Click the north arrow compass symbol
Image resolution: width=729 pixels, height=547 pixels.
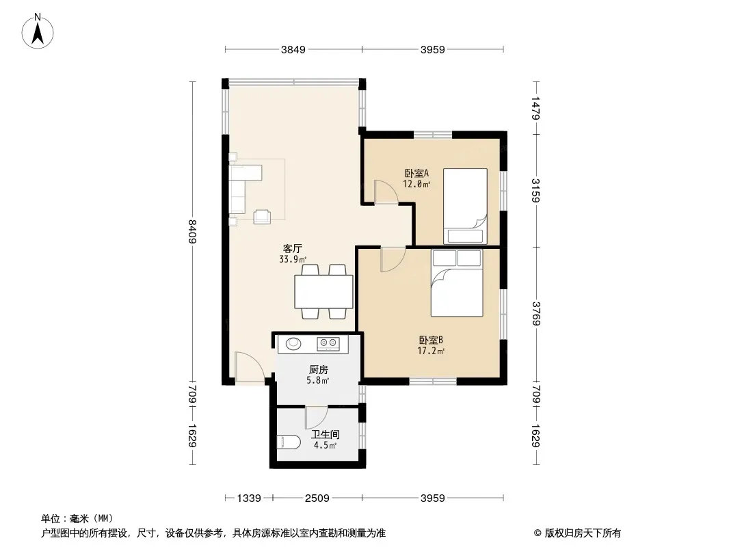[38, 31]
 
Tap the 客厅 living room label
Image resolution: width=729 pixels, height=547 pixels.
[293, 248]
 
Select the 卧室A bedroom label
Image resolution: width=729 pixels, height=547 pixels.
[416, 174]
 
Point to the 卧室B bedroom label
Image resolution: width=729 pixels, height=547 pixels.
[431, 341]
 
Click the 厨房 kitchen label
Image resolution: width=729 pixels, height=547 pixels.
[319, 370]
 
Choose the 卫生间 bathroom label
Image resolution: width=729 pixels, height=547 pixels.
[326, 435]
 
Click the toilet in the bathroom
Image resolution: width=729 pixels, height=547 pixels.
[289, 442]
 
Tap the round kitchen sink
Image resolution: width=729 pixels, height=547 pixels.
[293, 343]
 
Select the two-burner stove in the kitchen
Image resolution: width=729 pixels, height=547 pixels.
[328, 344]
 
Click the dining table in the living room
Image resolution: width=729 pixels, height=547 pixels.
[323, 291]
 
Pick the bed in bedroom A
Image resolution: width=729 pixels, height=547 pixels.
[465, 206]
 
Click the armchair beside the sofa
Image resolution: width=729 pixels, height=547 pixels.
[262, 217]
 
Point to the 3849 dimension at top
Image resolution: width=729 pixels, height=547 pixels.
[293, 49]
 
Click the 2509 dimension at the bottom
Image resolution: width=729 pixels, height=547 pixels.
[317, 498]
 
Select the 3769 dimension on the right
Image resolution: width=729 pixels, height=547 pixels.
[536, 313]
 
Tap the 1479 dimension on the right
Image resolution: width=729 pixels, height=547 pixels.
[536, 108]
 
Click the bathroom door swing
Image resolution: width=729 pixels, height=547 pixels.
[317, 417]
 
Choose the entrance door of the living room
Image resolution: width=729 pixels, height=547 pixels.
[250, 367]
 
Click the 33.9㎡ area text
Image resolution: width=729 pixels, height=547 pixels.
[293, 259]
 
